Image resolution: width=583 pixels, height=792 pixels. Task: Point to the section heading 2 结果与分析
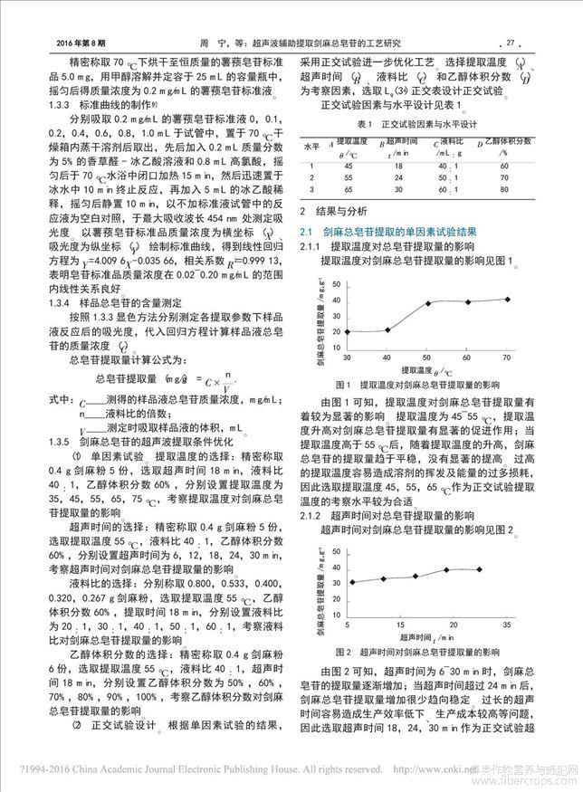(343, 212)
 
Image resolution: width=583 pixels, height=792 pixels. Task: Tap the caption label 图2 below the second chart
(343, 652)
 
